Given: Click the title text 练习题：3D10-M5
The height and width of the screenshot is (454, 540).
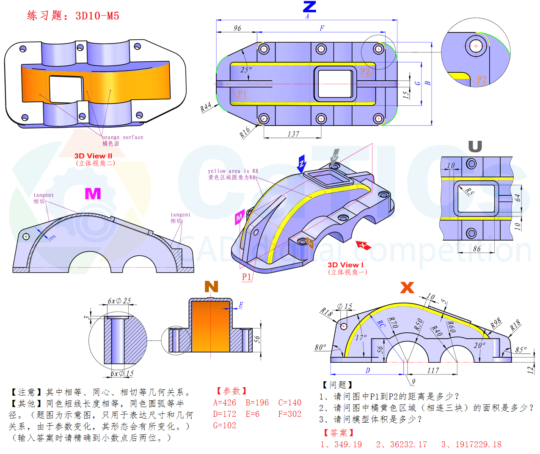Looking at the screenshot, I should pos(73,16).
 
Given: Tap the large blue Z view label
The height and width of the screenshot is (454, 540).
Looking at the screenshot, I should pos(309,7).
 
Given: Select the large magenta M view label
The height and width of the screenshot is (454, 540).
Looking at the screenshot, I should pos(93,194).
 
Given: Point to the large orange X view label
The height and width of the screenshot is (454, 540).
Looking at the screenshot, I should pos(407,288).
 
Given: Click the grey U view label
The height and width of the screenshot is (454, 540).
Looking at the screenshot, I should pos(475,146).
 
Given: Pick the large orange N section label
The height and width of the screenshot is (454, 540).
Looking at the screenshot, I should pos(211,287).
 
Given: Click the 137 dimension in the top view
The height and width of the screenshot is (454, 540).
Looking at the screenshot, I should pos(293,134).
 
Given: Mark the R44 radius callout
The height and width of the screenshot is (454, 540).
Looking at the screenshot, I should pos(206,107).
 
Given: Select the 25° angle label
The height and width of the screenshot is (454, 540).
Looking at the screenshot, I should pos(246,70).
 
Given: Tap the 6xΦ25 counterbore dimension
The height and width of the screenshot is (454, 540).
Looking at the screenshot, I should pos(119,301).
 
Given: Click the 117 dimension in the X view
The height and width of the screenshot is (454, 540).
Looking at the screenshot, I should pos(433,370).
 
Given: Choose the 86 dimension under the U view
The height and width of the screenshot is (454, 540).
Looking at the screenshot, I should pos(477,249).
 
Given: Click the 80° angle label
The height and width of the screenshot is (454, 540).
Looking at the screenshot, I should pos(320,347).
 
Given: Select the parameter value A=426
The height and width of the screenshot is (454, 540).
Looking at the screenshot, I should pos(224,403).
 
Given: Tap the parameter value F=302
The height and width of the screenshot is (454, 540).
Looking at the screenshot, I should pos(289,414).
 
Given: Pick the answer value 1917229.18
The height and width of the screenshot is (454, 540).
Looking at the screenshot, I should pos(478,444).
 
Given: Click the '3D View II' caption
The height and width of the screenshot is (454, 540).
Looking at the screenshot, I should pos(93,156).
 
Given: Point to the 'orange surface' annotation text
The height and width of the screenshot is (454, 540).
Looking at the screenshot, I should pos(122,137).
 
